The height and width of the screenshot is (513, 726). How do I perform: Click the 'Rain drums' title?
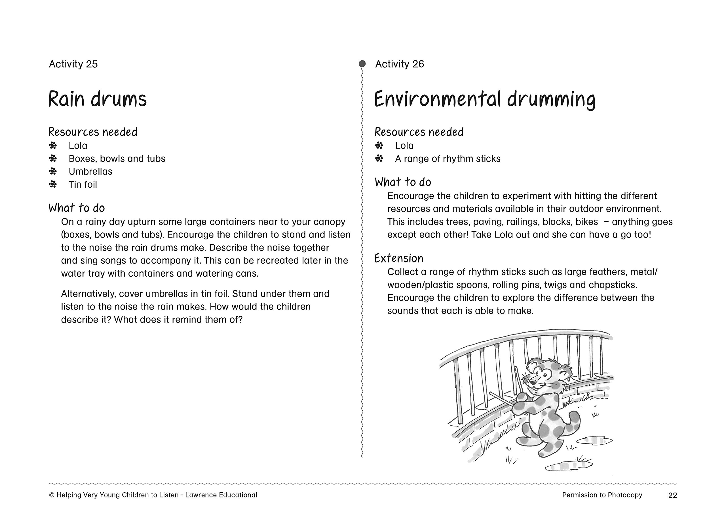97,99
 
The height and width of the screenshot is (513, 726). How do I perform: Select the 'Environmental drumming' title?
485,99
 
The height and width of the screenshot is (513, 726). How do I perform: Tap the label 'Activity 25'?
73,64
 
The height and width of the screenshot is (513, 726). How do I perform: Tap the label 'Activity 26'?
399,64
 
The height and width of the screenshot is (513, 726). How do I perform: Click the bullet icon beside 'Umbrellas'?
53,171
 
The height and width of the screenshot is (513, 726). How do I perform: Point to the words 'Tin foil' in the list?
83,185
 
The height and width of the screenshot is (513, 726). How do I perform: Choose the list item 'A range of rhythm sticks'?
448,159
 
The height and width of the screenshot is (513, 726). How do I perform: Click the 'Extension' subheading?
399,258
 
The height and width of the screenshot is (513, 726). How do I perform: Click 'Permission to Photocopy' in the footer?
602,495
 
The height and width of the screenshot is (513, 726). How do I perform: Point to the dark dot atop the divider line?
362,64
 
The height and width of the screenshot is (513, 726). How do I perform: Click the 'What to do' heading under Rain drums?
77,208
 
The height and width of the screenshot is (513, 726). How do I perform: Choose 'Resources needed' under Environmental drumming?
419,132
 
